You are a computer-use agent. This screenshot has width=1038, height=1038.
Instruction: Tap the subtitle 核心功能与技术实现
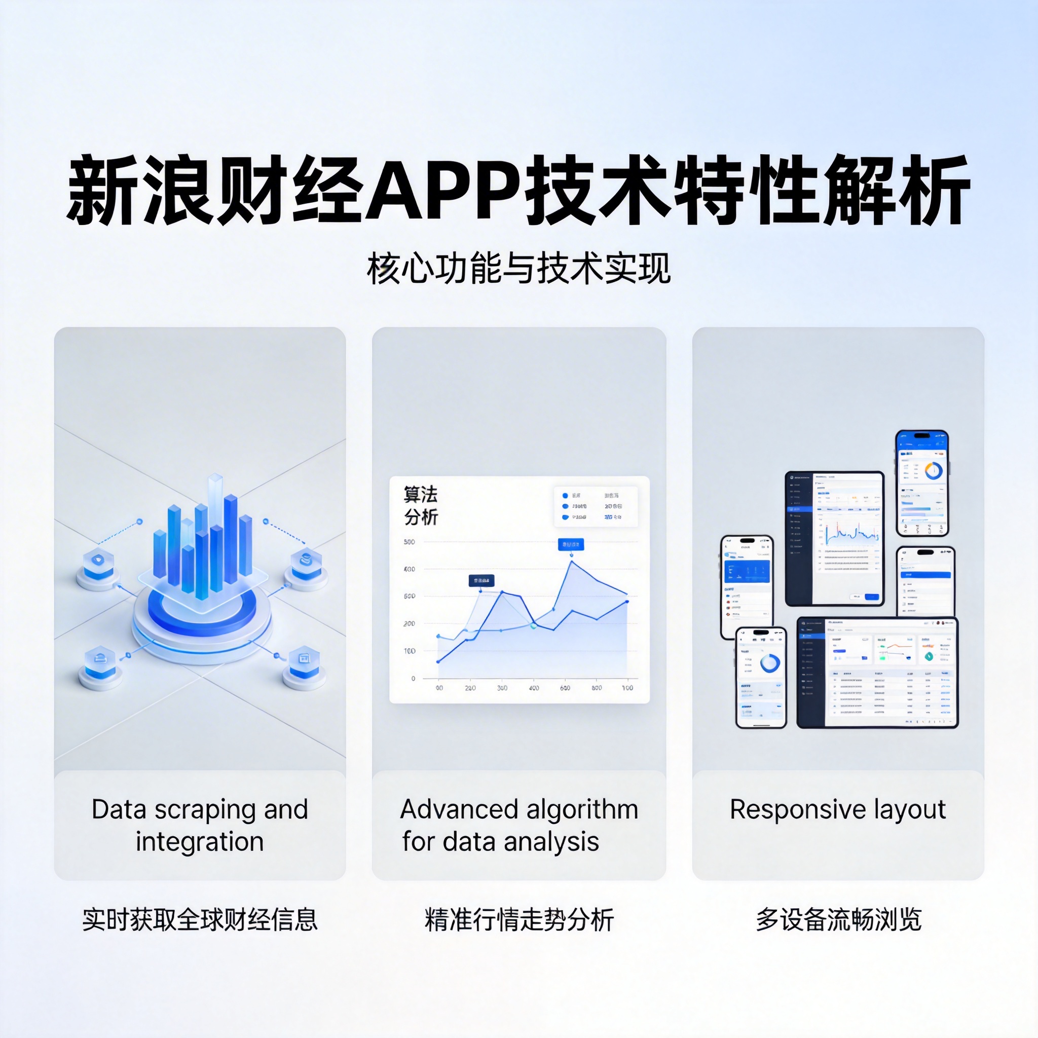coord(518,269)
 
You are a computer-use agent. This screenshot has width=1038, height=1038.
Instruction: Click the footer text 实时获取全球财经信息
coord(200,919)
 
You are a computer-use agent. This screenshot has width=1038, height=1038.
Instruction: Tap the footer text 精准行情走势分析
coord(519,919)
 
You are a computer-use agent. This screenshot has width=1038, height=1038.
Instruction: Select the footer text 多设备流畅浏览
coord(839,919)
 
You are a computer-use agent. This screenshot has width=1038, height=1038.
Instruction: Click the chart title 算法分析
coord(421,505)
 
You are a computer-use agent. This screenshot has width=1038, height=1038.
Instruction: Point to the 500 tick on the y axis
coord(410,542)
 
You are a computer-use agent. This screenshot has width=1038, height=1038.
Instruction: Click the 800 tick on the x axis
coord(597,688)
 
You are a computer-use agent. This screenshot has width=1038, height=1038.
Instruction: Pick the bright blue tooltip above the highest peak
coord(571,545)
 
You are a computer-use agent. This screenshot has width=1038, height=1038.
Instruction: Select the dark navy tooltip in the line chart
coord(481,581)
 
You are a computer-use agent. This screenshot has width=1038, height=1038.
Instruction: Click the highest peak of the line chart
coord(572,562)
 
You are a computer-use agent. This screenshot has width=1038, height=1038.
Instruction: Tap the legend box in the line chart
coord(596,506)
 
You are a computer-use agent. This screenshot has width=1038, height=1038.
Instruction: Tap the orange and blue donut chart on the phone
coord(934,471)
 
